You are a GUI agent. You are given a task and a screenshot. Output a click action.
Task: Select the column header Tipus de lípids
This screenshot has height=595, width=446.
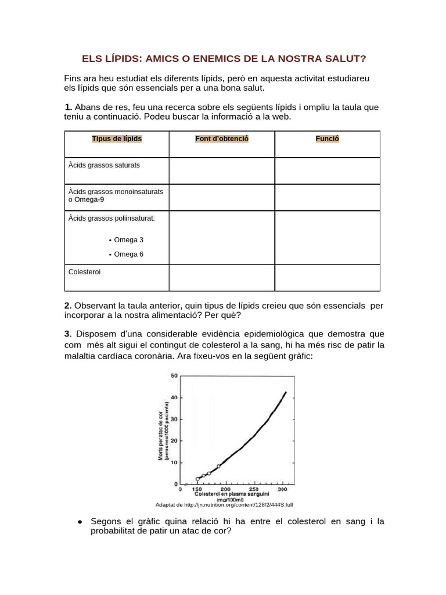[117, 139]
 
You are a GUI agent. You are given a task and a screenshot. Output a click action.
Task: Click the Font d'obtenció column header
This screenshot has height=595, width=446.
[222, 139]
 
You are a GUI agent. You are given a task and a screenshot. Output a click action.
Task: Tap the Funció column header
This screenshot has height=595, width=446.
[327, 139]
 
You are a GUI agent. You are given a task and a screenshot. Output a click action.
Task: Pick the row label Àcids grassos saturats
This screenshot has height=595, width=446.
[104, 165]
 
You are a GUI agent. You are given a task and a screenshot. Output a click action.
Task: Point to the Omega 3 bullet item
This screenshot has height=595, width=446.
[128, 239]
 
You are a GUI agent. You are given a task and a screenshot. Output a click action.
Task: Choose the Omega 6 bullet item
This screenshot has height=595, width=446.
[128, 254]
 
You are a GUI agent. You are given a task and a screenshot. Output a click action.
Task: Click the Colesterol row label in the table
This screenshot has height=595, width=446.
[84, 271]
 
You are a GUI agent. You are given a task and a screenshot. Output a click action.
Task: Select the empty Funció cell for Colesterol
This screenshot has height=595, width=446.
[327, 278]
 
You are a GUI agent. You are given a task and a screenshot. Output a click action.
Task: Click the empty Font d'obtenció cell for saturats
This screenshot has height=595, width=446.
[222, 170]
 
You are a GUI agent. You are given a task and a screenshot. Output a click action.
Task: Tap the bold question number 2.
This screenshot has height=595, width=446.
[68, 305]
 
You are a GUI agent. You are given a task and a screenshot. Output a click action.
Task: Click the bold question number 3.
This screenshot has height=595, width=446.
[68, 334]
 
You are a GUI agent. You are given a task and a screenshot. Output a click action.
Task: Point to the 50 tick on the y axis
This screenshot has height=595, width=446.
[174, 376]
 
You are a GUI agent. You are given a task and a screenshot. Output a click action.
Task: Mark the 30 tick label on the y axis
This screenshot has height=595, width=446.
[174, 419]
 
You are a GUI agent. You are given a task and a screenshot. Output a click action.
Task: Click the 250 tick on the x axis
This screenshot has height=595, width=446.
[254, 489]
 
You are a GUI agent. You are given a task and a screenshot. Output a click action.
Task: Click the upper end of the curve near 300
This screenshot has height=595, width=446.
[285, 393]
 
